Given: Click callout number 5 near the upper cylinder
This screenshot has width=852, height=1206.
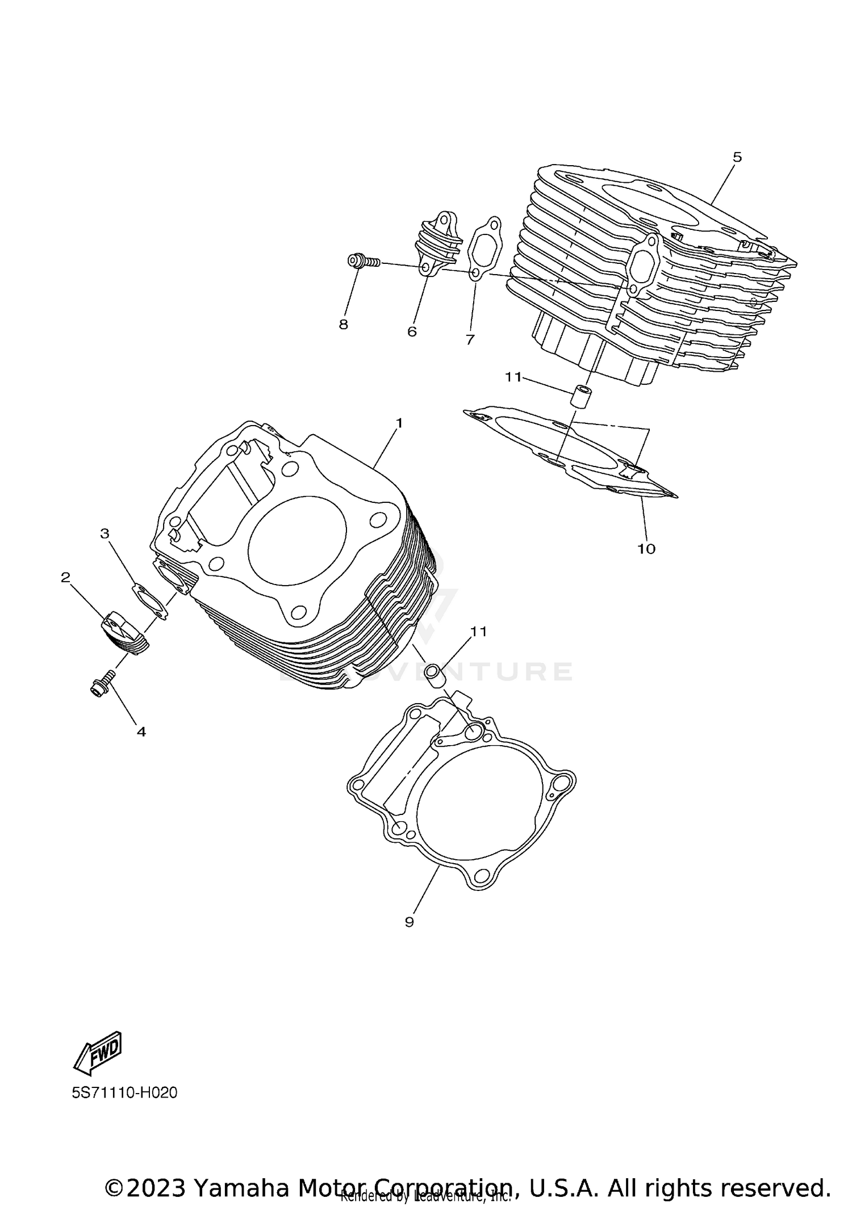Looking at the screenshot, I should (x=737, y=157).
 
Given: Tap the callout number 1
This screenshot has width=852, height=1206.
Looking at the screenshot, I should (x=399, y=423).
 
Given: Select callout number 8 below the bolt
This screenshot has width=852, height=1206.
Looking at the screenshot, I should (x=344, y=325).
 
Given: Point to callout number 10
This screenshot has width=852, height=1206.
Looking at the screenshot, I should (x=646, y=548).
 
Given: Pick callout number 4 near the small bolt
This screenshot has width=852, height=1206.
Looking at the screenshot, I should (x=141, y=732).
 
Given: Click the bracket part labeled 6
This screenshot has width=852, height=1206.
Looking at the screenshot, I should (x=437, y=244).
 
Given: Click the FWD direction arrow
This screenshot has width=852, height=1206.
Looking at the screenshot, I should (x=98, y=1052).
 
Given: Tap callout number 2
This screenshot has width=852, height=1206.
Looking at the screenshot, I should (x=65, y=577).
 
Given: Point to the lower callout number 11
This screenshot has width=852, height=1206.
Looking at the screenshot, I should (x=478, y=631).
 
